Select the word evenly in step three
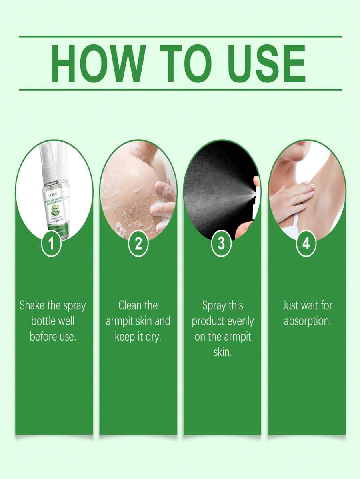[x=240, y=321]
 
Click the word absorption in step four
[x=307, y=321]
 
